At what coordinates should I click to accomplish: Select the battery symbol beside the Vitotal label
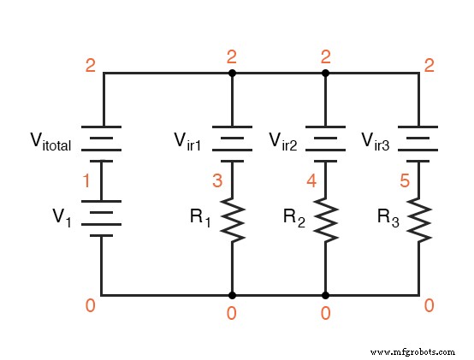(x=103, y=141)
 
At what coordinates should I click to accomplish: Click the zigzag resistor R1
(x=231, y=219)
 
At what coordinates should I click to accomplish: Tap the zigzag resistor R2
(x=325, y=219)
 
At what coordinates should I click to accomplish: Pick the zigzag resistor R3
(x=418, y=219)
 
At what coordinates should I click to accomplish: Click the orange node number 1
(x=86, y=180)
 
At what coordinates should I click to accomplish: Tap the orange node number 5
(x=405, y=180)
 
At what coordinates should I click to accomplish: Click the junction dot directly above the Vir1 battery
(x=231, y=74)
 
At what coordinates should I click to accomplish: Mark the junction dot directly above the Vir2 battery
(x=325, y=74)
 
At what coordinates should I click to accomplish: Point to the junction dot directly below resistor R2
(x=325, y=294)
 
